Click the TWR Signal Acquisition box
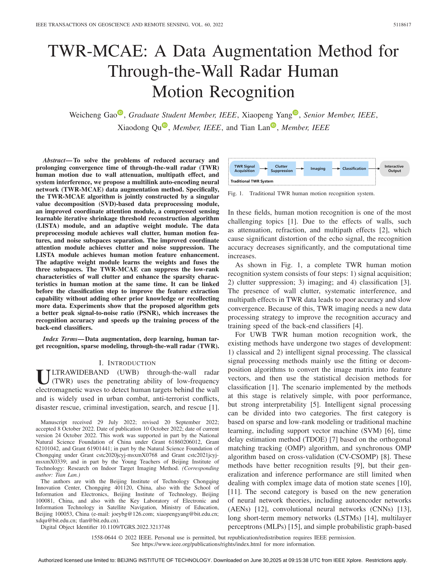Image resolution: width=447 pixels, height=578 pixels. (x=245, y=169)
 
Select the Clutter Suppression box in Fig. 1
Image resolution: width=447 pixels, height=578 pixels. (x=282, y=169)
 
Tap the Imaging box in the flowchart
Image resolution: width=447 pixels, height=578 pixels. (x=318, y=169)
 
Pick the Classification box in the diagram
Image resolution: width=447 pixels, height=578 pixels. (x=354, y=169)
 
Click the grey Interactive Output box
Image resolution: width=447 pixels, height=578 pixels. (x=394, y=169)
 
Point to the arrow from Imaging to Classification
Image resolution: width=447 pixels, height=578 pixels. (x=336, y=169)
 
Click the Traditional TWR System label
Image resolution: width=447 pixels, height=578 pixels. (x=252, y=181)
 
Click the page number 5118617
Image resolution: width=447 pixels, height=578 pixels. (x=402, y=25)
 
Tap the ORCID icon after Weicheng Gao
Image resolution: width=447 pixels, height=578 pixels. (x=120, y=112)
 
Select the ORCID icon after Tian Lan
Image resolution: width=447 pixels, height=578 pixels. (x=273, y=125)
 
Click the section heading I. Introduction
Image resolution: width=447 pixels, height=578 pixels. (x=127, y=363)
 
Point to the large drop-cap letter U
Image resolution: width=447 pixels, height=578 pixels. (x=43, y=377)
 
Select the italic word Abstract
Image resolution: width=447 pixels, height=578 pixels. (x=54, y=160)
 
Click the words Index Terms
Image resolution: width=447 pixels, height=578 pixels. (x=60, y=339)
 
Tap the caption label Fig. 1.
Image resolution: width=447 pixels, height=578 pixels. (x=235, y=193)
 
